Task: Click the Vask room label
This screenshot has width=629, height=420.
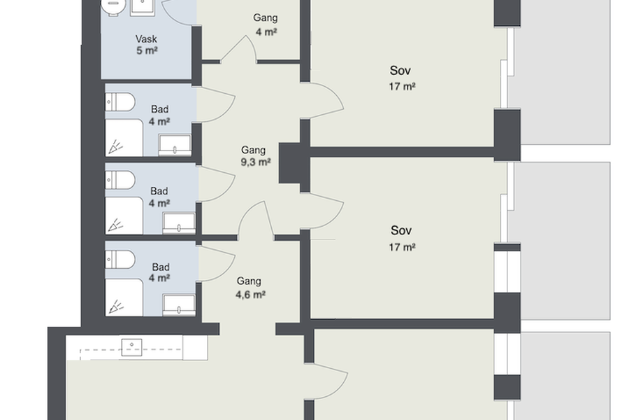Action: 146,39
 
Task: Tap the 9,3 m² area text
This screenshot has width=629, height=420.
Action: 256,162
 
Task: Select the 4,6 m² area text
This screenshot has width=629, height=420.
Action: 250,294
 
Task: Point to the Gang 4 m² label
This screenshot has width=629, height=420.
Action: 266,24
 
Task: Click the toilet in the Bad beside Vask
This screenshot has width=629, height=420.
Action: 120,101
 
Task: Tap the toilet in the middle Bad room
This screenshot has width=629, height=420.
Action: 120,180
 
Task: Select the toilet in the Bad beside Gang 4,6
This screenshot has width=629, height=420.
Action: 120,259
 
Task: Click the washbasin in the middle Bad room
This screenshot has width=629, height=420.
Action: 179,223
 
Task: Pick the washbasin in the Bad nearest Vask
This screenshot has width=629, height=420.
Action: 175,146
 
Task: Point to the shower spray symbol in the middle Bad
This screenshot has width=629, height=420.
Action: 115,225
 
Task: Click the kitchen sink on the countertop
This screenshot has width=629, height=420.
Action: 131,348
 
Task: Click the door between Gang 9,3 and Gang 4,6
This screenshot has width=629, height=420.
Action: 256,219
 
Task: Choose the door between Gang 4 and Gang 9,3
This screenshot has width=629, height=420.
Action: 239,49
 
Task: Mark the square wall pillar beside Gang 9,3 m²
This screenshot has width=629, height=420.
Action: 290,163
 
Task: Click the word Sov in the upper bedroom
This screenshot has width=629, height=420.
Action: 400,71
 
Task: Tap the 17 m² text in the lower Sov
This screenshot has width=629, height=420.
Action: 402,247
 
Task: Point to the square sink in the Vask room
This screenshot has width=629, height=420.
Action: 143,7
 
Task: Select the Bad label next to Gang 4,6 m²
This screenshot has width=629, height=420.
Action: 161,267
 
